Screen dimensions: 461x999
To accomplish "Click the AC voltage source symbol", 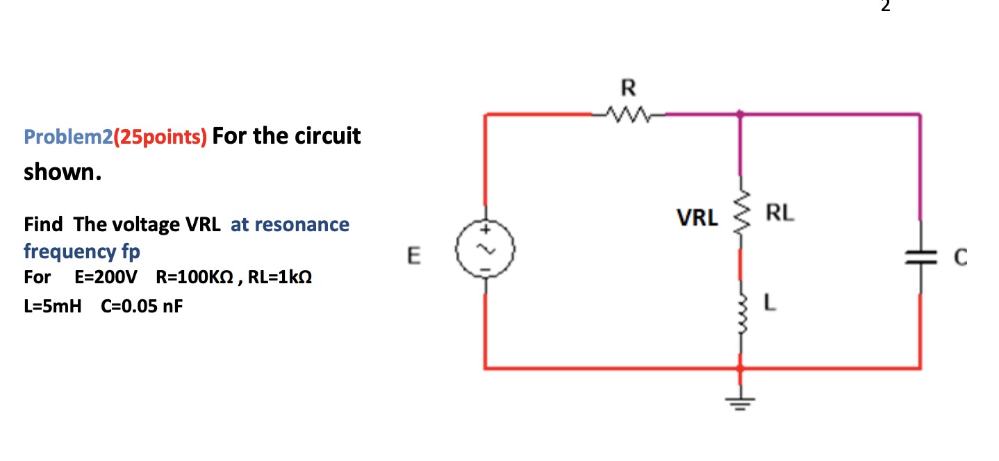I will click(x=484, y=249).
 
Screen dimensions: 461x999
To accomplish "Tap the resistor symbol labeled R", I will click(x=628, y=112).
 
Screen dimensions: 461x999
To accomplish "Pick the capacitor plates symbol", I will click(x=920, y=257).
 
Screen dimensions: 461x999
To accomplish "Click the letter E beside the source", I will click(x=413, y=257).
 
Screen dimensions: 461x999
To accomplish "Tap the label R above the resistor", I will click(x=628, y=88).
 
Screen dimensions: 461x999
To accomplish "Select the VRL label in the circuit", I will click(x=697, y=219).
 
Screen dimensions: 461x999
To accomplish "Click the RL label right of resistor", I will click(x=779, y=212).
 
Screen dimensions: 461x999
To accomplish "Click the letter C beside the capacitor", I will click(x=960, y=258).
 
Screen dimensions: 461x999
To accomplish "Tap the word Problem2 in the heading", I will click(x=67, y=136).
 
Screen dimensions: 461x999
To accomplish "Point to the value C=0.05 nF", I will click(x=142, y=305).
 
